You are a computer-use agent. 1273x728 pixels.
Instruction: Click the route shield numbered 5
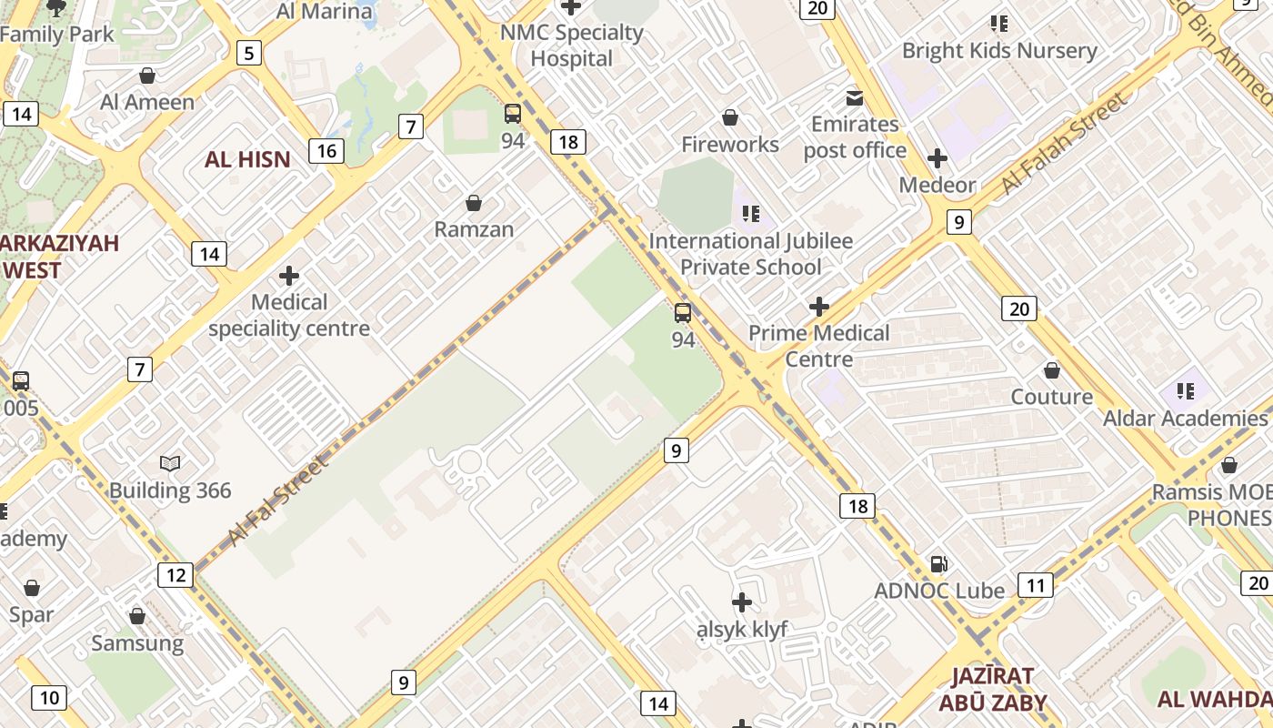pos(248,53)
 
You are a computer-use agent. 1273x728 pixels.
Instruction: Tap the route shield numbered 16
pos(326,150)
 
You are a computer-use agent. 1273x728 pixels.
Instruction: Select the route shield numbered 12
pos(175,574)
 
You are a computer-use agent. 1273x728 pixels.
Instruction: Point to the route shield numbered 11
pos(1035,584)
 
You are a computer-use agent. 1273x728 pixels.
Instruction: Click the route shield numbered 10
pos(48,698)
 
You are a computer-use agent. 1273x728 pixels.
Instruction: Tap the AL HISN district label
pos(247,159)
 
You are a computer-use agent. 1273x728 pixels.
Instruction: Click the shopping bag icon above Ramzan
pos(473,202)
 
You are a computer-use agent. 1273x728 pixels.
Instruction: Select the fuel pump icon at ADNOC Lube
pos(938,564)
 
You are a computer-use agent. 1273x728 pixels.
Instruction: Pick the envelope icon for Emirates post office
pos(855,97)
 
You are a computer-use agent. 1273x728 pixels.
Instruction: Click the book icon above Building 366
pos(170,464)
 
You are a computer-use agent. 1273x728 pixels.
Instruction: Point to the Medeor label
pos(937,185)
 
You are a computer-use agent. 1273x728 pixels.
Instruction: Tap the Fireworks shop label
pos(730,144)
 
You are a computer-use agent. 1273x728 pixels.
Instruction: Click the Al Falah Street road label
pos(1064,143)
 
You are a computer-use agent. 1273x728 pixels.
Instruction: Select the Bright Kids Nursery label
pos(999,50)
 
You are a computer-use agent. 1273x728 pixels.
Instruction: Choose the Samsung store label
pos(137,643)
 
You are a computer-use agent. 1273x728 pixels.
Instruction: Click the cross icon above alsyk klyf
pos(742,602)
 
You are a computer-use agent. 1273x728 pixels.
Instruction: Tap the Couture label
pos(1052,397)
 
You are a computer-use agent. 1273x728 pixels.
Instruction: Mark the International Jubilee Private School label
pos(751,254)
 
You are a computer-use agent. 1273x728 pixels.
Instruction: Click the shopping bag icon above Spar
pos(32,588)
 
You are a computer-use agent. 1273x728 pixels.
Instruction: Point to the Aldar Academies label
pos(1185,418)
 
